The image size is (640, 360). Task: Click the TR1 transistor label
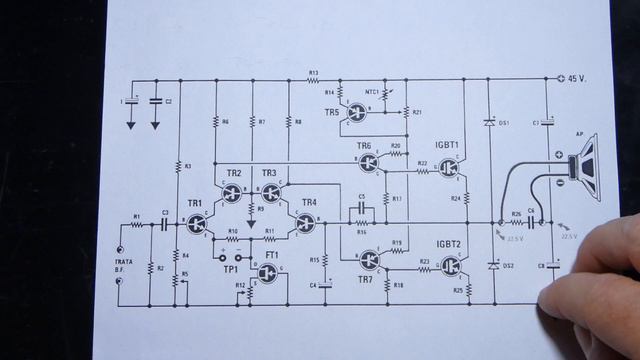pyautogui.click(x=194, y=204)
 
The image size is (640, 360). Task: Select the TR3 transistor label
pyautogui.click(x=269, y=173)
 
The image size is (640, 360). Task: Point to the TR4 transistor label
pyautogui.click(x=309, y=203)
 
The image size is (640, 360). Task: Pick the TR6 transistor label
pyautogui.click(x=364, y=146)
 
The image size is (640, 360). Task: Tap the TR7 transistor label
pyautogui.click(x=364, y=277)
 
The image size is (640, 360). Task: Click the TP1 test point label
pyautogui.click(x=230, y=270)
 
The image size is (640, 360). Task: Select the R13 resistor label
pyautogui.click(x=313, y=72)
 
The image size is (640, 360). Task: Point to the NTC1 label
pyautogui.click(x=374, y=92)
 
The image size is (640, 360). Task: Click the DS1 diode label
pyautogui.click(x=504, y=123)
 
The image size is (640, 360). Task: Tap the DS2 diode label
pyautogui.click(x=507, y=266)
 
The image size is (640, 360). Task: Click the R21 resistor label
pyautogui.click(x=418, y=112)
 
